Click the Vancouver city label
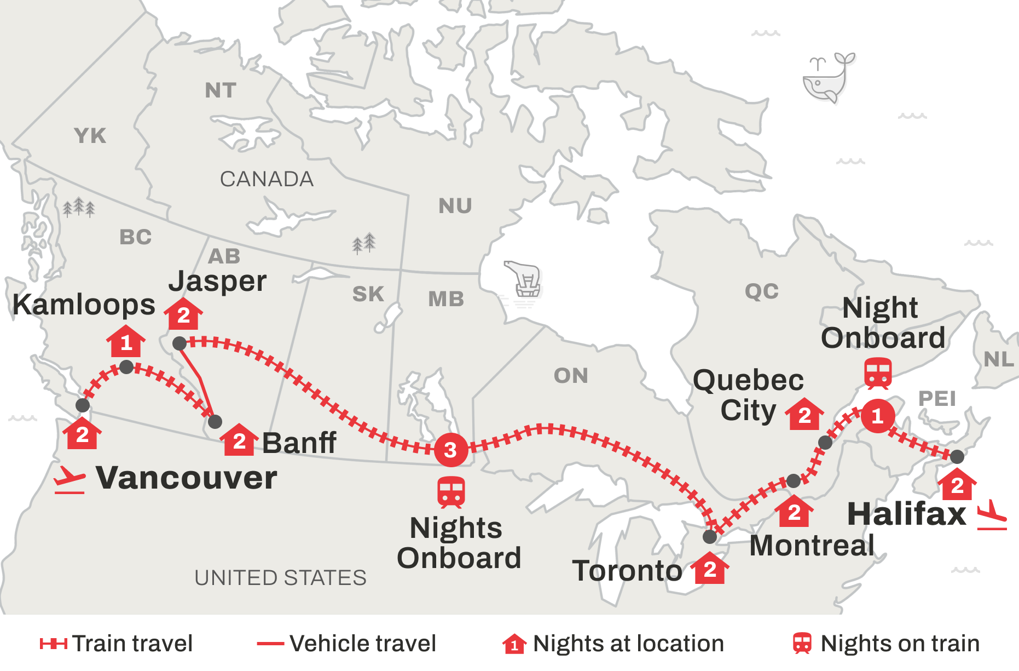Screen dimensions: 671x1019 click(186, 478)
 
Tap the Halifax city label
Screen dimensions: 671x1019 click(906, 514)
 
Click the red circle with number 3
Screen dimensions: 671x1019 click(451, 450)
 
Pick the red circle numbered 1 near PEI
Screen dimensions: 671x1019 click(878, 416)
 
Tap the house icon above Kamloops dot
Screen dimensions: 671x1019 click(126, 341)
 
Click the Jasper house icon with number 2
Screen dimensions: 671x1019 click(183, 314)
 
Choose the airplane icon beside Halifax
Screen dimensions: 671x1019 click(992, 515)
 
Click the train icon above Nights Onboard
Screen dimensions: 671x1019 click(451, 491)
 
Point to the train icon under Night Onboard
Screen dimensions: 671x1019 click(878, 373)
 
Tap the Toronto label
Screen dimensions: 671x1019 click(627, 571)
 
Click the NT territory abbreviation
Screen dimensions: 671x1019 click(221, 90)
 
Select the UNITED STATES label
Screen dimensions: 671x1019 click(280, 578)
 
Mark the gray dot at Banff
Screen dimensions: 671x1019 click(215, 422)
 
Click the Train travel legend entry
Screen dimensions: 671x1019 click(116, 644)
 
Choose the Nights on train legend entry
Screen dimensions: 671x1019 click(887, 644)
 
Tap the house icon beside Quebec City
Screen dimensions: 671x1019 click(804, 415)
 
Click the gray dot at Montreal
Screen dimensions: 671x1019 click(794, 481)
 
